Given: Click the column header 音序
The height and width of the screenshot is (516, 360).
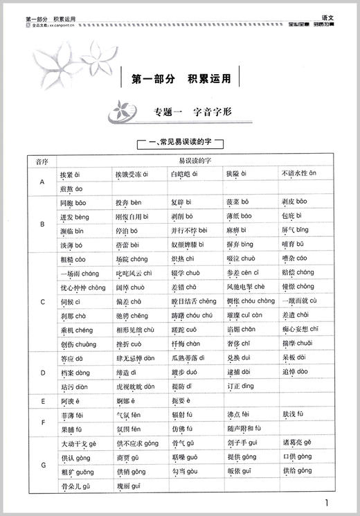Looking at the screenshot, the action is [x=41, y=161].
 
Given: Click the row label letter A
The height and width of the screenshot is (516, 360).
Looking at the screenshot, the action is [x=41, y=181].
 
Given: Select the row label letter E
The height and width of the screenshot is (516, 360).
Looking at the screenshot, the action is [x=41, y=400].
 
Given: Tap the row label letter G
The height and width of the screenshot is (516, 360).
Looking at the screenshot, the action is [x=41, y=465].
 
